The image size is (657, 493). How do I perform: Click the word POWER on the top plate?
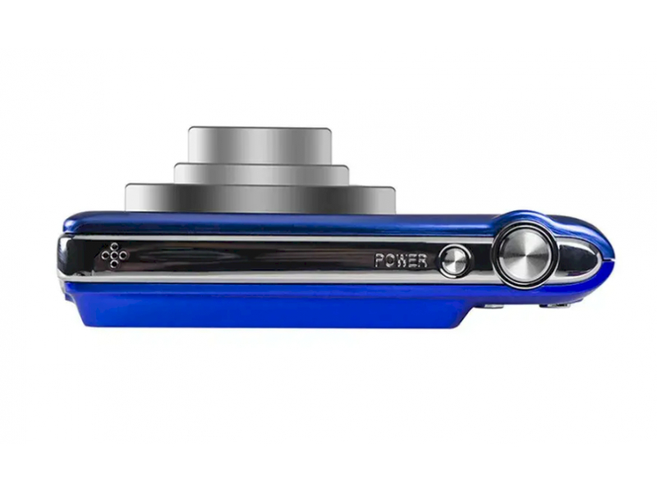click(401, 260)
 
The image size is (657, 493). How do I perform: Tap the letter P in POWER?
click(379, 260)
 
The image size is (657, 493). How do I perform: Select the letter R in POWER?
click(422, 260)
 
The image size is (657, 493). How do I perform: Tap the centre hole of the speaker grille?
click(114, 255)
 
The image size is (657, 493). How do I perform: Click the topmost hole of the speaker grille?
click(114, 246)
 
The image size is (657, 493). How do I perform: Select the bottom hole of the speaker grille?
click(114, 264)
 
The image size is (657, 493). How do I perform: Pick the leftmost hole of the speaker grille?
click(105, 255)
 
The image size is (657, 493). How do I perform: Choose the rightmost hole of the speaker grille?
click(122, 255)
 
